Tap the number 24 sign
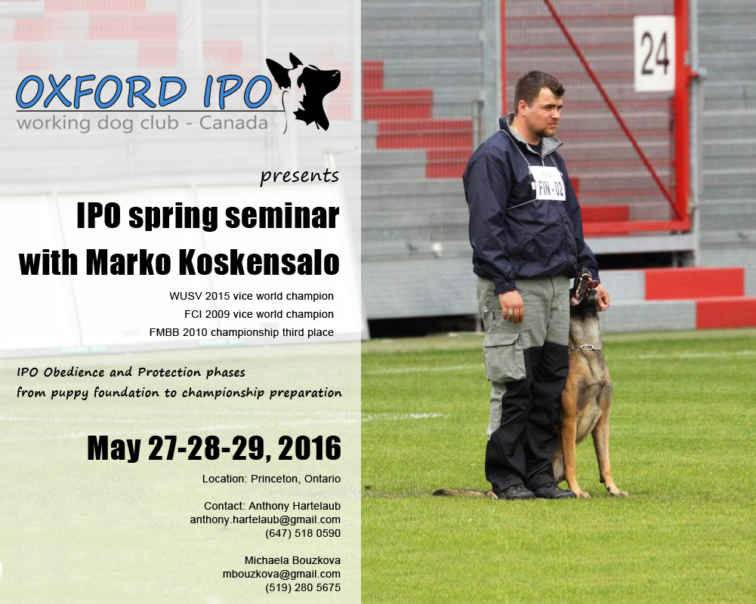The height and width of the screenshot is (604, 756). tap(654, 54)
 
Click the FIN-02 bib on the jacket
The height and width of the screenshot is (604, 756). tap(548, 183)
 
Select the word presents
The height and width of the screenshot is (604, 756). tap(299, 177)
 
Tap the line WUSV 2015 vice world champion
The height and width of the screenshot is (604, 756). tap(251, 296)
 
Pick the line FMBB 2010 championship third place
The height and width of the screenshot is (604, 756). tap(241, 332)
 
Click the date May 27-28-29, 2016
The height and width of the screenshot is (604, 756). tap(214, 448)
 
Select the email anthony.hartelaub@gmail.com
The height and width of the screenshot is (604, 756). tap(265, 519)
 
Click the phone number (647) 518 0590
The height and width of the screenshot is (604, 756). tap(303, 533)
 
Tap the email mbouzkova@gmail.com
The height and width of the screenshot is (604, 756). tap(282, 574)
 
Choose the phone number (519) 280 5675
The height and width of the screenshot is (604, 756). tap(303, 587)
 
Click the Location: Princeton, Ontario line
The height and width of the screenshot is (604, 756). tap(271, 479)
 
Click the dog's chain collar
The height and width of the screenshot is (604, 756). tap(585, 347)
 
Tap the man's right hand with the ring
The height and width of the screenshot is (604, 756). tap(511, 307)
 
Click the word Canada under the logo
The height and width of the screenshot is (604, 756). tap(233, 122)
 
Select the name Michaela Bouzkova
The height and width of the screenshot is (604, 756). tap(292, 560)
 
